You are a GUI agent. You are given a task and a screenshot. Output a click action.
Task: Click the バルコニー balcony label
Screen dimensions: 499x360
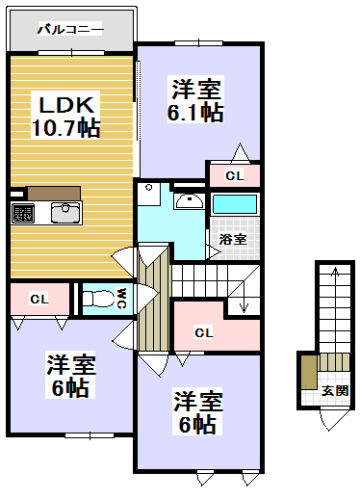click(x=69, y=30)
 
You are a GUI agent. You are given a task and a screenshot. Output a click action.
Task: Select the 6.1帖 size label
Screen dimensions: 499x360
click(x=197, y=113)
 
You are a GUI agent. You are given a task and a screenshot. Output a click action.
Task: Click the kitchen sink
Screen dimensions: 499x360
click(x=65, y=211)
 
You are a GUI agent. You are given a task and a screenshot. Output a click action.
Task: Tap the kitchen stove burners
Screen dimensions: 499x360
click(x=23, y=211)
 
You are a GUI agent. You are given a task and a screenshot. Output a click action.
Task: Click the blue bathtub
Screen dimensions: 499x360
click(x=235, y=204)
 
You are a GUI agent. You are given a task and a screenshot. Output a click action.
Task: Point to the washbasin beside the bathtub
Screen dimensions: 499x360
click(x=189, y=201)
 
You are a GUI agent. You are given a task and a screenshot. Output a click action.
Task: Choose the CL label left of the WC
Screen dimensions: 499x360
click(x=39, y=300)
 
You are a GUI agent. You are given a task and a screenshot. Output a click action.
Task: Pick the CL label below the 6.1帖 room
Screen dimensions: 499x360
click(x=234, y=175)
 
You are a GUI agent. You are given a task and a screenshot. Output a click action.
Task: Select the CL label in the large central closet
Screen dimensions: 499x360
click(x=203, y=332)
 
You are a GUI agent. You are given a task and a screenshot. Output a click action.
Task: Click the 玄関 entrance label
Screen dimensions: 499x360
click(x=334, y=390)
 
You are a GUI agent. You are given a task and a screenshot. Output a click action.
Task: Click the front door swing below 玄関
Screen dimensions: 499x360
click(x=333, y=417)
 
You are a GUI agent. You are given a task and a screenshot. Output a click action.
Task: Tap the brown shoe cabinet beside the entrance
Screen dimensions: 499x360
click(x=307, y=371)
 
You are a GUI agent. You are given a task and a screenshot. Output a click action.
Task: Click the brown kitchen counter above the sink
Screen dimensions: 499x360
click(x=53, y=191)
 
